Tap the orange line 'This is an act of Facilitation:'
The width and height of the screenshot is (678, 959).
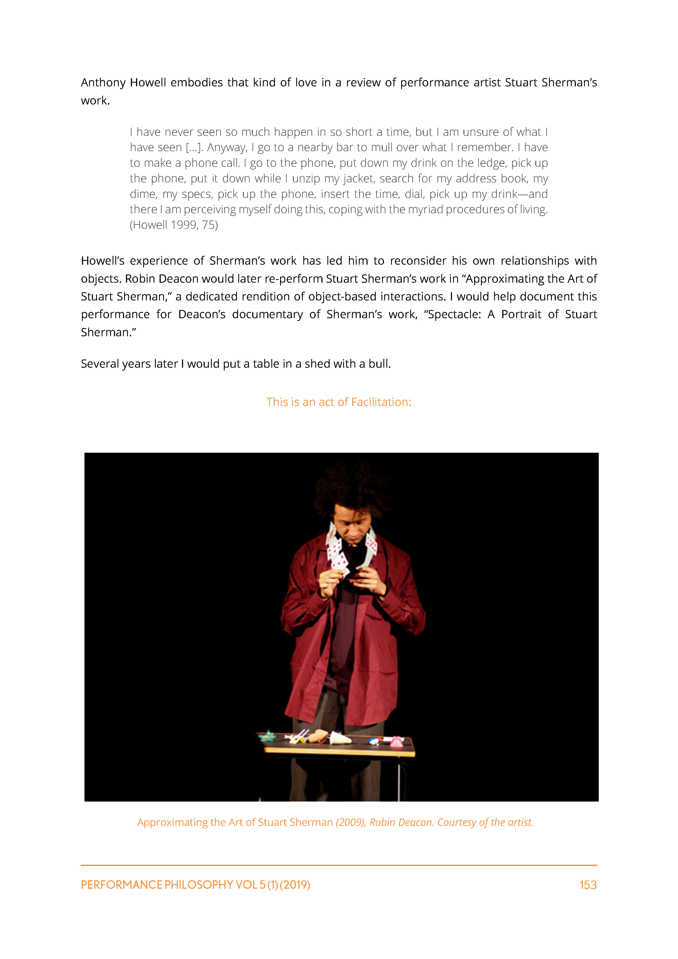339,402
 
